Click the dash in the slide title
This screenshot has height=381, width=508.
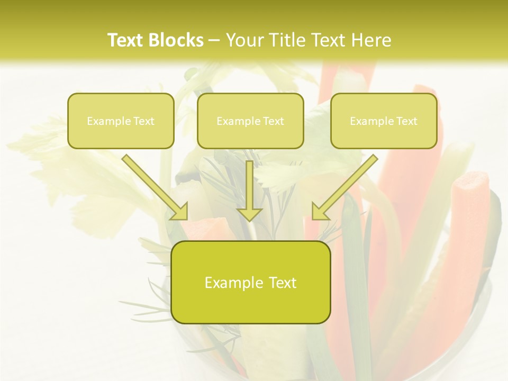tap(214, 41)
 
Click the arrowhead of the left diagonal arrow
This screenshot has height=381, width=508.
tap(179, 211)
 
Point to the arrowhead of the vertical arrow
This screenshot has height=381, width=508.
tap(249, 213)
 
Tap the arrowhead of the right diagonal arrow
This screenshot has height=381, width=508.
tap(320, 211)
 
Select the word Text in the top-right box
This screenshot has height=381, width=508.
tap(406, 121)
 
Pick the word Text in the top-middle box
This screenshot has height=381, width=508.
tap(273, 121)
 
